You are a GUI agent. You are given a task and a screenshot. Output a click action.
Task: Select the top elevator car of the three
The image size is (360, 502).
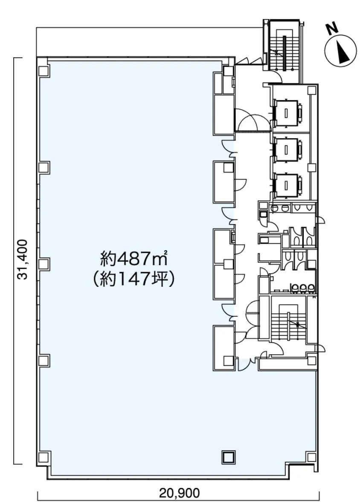[287, 112]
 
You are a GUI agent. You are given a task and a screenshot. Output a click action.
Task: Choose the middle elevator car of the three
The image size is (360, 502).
[287, 149]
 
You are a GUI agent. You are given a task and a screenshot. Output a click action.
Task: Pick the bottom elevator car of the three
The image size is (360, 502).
[287, 184]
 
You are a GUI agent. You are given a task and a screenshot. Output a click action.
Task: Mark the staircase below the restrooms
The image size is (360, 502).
[287, 324]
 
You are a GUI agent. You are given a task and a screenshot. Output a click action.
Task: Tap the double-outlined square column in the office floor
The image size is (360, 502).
[229, 457]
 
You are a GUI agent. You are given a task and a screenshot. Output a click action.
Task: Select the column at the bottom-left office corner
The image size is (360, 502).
[44, 457]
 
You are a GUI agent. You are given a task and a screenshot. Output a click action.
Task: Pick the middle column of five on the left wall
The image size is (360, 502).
[44, 264]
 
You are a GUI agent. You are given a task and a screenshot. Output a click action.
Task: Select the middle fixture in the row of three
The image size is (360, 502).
[303, 288]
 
